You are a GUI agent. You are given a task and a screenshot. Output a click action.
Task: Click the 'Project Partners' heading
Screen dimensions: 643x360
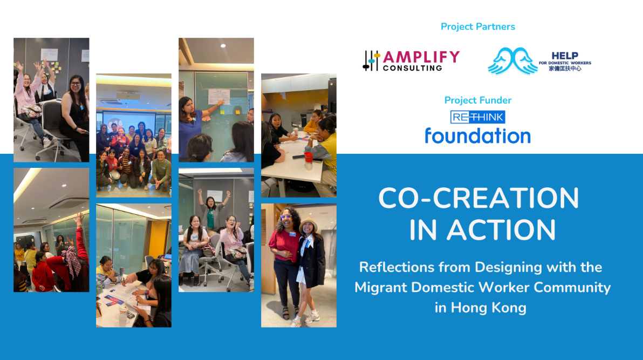point(478,26)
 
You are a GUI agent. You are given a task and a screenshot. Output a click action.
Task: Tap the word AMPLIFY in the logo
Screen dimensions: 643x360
point(421,57)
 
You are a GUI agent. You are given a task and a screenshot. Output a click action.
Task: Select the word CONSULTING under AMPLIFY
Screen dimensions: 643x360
point(413,68)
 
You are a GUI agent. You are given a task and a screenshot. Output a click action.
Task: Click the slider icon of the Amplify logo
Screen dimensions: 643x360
point(371,61)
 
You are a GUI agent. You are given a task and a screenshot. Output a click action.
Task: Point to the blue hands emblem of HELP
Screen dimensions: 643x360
point(512,61)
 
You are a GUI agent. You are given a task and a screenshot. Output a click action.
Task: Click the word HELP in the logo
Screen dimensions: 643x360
point(565,56)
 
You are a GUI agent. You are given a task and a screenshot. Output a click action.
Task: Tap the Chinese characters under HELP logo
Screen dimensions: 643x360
point(565,69)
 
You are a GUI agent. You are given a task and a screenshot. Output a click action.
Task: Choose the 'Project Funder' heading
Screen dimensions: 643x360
point(478,100)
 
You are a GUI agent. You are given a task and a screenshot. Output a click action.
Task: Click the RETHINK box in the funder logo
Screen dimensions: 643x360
point(478,117)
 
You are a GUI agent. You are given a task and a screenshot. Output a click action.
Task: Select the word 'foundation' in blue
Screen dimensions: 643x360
point(478,135)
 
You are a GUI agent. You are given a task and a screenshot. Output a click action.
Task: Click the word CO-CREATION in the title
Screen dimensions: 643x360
point(478,198)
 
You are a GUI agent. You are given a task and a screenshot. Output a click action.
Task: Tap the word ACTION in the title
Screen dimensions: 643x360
point(501,230)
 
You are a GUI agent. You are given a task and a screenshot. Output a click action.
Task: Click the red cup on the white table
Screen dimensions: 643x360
point(309,157)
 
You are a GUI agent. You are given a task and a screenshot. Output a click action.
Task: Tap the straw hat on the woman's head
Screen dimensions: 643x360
point(308,224)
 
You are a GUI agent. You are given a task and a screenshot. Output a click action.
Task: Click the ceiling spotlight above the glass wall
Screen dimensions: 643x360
point(223,45)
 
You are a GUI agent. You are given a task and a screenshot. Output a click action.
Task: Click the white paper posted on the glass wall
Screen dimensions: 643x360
point(218,97)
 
